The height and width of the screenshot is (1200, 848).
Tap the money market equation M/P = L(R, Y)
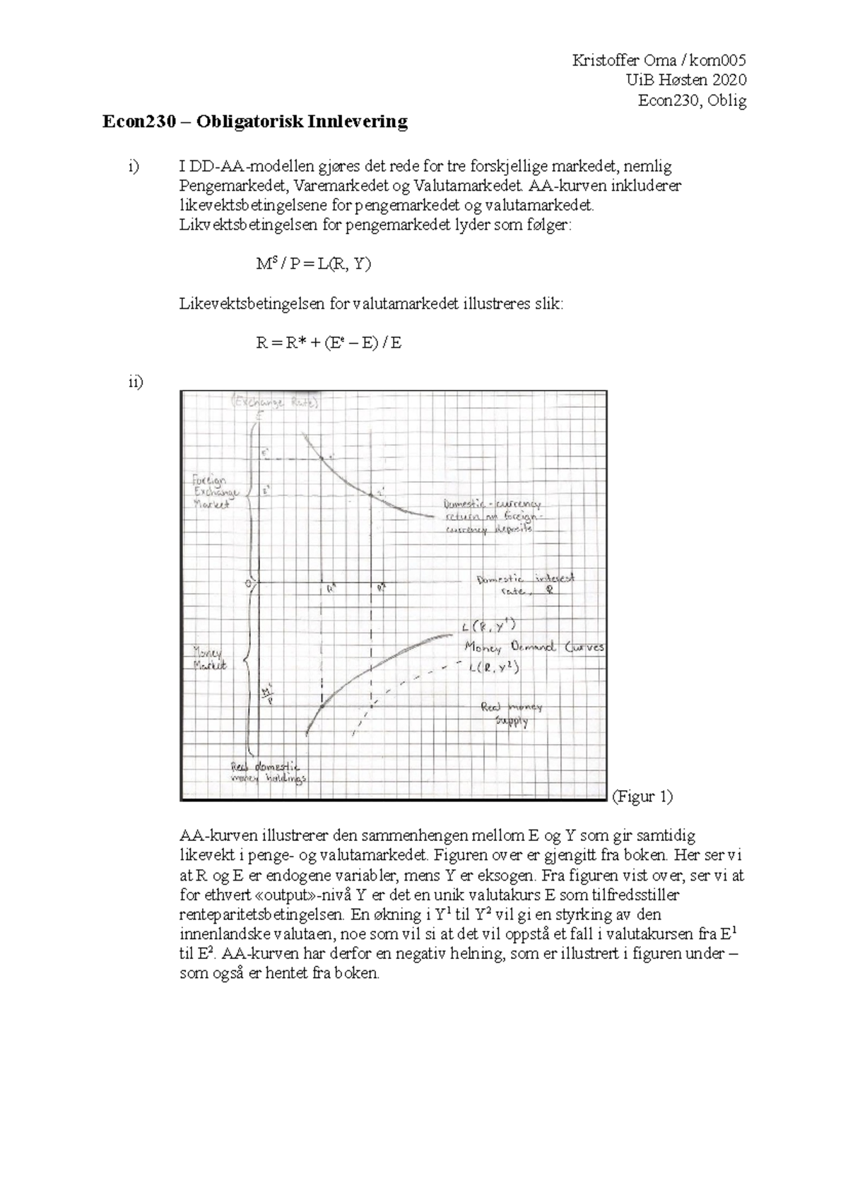pyautogui.click(x=313, y=264)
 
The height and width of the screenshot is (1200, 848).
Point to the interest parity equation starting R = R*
pyautogui.click(x=328, y=343)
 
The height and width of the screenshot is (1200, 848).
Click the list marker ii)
pyautogui.click(x=135, y=382)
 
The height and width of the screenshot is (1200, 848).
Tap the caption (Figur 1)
pyautogui.click(x=642, y=796)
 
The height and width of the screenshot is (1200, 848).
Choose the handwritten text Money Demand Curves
pyautogui.click(x=534, y=647)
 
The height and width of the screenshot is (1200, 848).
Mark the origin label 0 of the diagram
pyautogui.click(x=249, y=583)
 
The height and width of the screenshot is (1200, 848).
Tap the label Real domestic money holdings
pyautogui.click(x=268, y=772)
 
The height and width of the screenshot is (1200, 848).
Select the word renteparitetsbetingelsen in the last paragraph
pyautogui.click(x=261, y=914)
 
